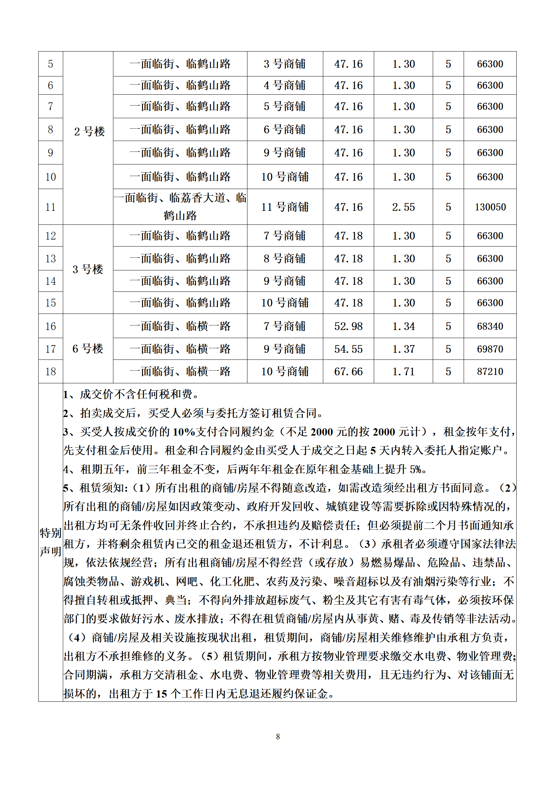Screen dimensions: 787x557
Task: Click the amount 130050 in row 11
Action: click(x=490, y=207)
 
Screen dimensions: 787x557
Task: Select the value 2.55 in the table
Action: click(x=403, y=207)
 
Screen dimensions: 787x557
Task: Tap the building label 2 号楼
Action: click(x=89, y=132)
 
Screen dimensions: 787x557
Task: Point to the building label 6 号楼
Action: click(x=88, y=349)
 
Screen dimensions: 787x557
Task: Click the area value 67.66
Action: click(x=348, y=371)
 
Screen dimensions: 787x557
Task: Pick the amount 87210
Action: click(x=490, y=371)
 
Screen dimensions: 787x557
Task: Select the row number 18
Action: click(x=51, y=371)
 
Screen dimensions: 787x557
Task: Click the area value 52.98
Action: click(x=348, y=326)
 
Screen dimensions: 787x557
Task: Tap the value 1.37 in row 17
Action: click(x=403, y=349)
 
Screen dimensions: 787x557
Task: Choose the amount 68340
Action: click(x=490, y=326)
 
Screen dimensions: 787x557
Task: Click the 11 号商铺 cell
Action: click(x=285, y=207)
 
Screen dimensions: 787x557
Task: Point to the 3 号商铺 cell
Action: click(x=285, y=64)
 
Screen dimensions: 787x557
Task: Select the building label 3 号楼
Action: click(x=88, y=269)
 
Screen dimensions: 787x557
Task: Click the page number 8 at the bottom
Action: click(x=278, y=736)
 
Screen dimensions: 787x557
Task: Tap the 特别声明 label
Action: click(x=51, y=542)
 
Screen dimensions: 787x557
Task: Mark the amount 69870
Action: click(x=490, y=349)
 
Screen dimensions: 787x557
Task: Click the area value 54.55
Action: click(x=348, y=349)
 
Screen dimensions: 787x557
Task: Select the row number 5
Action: click(x=51, y=64)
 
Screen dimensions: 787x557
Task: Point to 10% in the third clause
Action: click(x=184, y=432)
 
